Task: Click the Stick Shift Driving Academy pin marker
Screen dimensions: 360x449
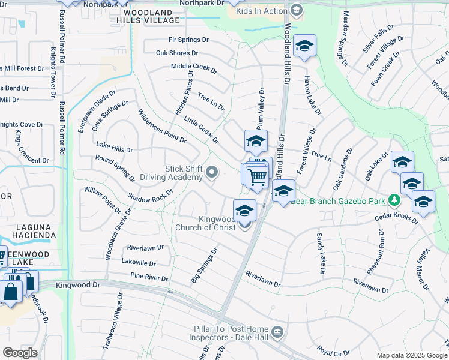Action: (x=211, y=173)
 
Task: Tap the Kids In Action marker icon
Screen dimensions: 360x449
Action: (x=296, y=10)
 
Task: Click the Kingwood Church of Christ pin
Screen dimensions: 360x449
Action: (x=244, y=224)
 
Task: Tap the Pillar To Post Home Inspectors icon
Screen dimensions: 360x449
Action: (x=277, y=332)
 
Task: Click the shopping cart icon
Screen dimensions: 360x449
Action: (x=257, y=178)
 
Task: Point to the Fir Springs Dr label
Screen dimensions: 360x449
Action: (x=188, y=40)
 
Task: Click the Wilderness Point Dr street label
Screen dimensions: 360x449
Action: (x=162, y=126)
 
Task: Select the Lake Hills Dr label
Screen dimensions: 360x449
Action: (x=114, y=147)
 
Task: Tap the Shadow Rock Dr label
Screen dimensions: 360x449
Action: (x=149, y=197)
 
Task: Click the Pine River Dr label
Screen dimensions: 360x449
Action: (x=149, y=277)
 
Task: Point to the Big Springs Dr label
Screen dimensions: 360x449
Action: (x=205, y=266)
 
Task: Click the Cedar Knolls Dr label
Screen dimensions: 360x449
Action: (x=395, y=217)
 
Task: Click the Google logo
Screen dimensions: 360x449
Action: (x=20, y=352)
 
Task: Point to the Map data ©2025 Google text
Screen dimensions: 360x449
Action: (x=411, y=355)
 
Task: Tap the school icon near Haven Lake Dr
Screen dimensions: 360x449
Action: (x=305, y=46)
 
